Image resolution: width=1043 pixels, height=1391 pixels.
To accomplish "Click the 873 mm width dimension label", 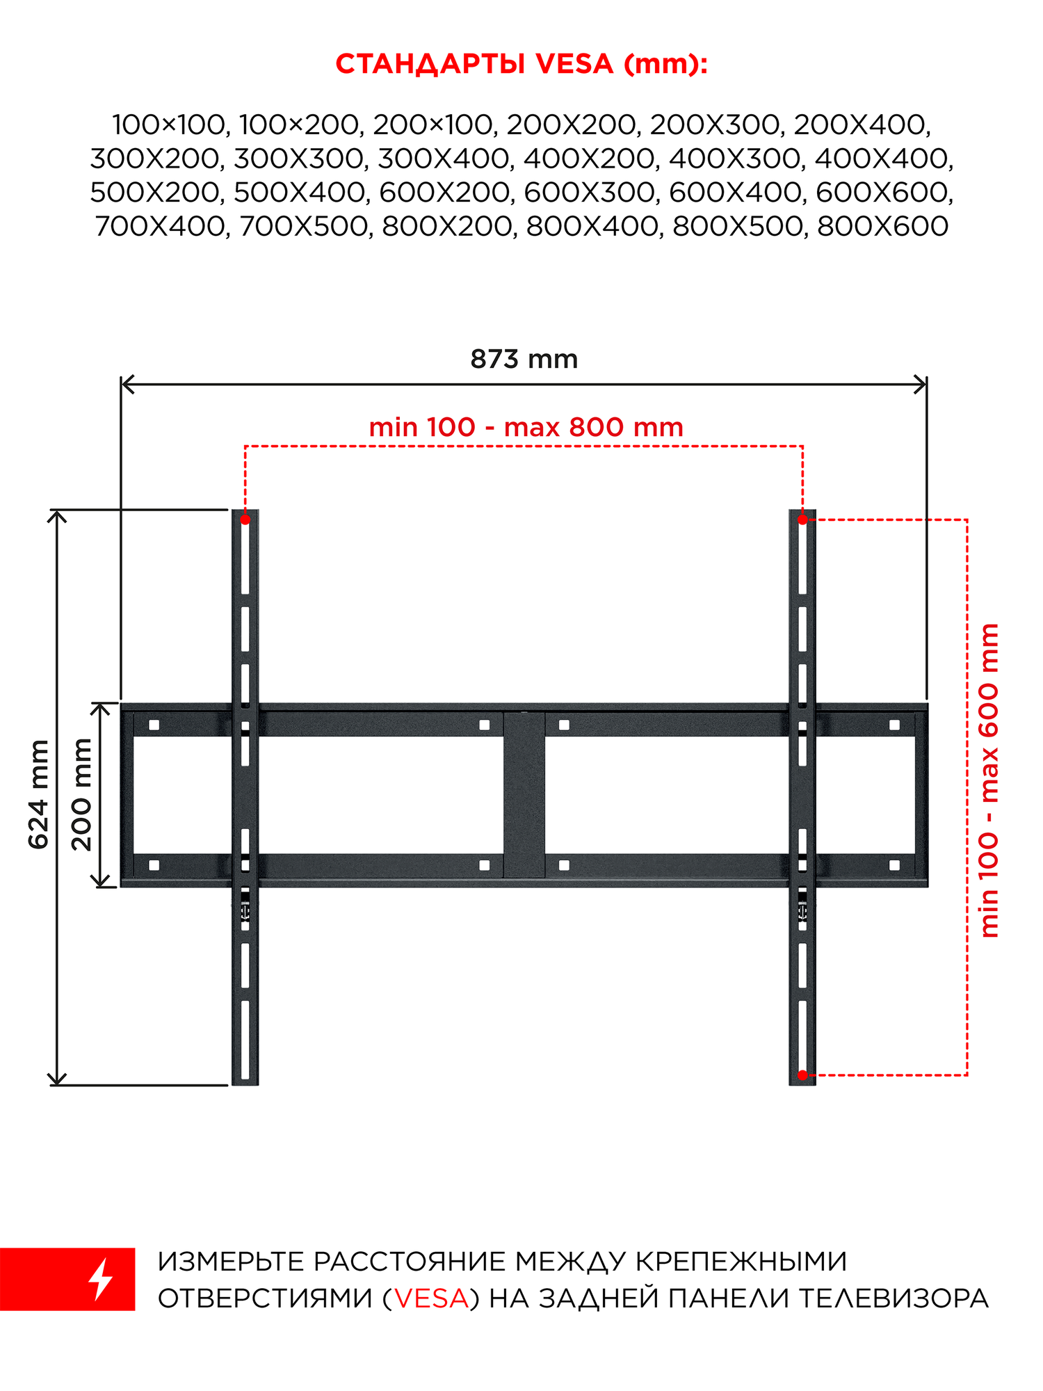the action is coord(524,359).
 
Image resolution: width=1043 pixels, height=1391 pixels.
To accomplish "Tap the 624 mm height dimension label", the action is coord(38,794).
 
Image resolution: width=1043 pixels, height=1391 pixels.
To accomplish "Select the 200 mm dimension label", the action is coord(81,794).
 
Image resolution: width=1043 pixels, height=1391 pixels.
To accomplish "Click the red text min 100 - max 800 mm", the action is coord(526,427).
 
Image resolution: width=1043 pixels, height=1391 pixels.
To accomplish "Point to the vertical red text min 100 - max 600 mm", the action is coord(989,780).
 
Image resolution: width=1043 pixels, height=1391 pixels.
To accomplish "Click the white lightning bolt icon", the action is coord(101,1279).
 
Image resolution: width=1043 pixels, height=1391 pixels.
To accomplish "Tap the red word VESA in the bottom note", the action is coord(432,1298).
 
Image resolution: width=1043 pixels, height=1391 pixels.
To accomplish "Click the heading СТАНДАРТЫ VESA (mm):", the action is coord(521,64).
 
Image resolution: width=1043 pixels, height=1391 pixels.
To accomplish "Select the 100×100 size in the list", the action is coord(169,124).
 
